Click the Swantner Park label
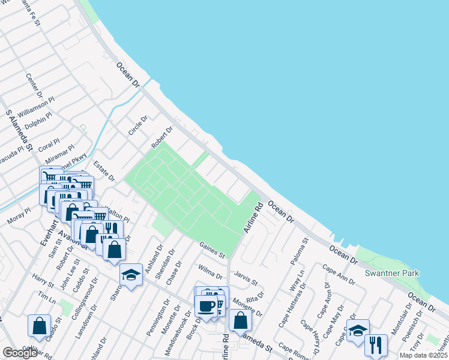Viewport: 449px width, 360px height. click(x=392, y=273)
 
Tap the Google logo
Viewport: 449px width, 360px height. click(x=20, y=353)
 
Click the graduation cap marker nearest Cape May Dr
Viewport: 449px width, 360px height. click(x=358, y=331)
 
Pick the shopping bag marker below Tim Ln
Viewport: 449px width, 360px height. click(x=39, y=325)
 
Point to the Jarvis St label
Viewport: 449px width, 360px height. click(x=246, y=278)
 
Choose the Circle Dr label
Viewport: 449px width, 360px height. click(x=137, y=125)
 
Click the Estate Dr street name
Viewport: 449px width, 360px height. click(x=104, y=170)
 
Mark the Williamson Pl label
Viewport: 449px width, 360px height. click(x=35, y=109)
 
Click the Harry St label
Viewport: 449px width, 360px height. click(x=43, y=280)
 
